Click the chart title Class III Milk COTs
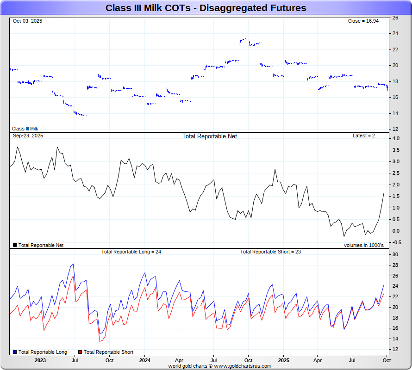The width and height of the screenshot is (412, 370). coord(206,8)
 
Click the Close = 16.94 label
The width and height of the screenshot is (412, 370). coord(363,21)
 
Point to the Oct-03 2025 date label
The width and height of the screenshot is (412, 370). coord(27,21)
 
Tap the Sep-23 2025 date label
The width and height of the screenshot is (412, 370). coord(28,136)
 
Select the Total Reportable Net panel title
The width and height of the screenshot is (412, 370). coord(210,136)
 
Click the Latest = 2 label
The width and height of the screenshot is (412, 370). coord(364,136)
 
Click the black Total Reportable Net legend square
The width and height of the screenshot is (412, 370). coord(15,245)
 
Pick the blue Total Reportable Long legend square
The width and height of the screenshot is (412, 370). coord(15,352)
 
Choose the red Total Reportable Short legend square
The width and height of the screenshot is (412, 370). coord(80,352)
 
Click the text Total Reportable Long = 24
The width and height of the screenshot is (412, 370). coord(131,252)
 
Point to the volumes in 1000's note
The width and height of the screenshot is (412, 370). coord(363,245)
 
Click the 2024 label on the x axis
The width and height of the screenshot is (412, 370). coord(145,360)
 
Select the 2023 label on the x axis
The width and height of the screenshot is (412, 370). coord(40,360)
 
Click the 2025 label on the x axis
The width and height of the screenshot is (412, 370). coord(283,360)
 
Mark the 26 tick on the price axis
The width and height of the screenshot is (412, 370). coord(395,18)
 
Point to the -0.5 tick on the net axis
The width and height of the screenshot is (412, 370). coord(396,242)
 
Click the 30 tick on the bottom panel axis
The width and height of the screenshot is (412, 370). coord(395,255)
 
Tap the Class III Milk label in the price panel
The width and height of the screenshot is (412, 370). coord(25,129)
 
